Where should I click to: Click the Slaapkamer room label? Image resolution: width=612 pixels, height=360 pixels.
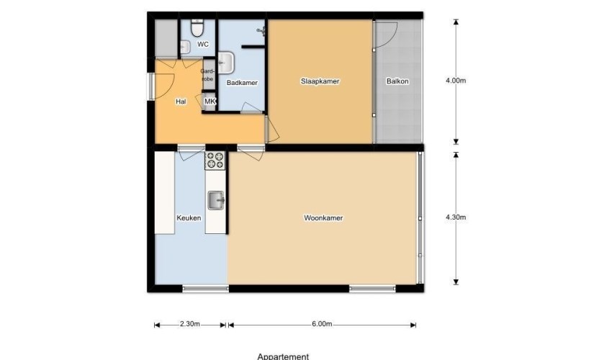tap(320, 81)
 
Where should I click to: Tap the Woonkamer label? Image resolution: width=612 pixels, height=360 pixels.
tap(323, 217)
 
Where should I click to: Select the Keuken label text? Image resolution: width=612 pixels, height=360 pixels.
tap(189, 217)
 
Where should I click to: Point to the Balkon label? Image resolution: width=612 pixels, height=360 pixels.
tap(397, 81)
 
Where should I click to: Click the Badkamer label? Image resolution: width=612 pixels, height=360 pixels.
tap(242, 83)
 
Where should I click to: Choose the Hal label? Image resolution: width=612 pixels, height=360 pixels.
tap(181, 102)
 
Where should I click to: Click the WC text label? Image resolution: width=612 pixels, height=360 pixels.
tap(203, 45)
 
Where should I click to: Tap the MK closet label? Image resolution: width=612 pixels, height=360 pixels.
tap(210, 102)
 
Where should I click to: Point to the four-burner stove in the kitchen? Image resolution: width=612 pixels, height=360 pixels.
tap(216, 160)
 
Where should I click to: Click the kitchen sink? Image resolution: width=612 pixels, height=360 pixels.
tap(216, 199)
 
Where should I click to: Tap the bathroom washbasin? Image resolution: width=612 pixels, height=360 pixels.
tap(226, 62)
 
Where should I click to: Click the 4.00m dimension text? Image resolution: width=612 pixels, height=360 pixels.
tap(456, 81)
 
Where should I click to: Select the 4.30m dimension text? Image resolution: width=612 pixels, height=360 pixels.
tap(456, 217)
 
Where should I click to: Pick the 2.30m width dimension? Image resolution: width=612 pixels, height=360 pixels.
tap(190, 324)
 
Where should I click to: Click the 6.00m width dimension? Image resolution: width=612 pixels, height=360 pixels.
tap(322, 324)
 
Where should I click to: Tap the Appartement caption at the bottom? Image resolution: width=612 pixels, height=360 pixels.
tap(284, 356)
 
